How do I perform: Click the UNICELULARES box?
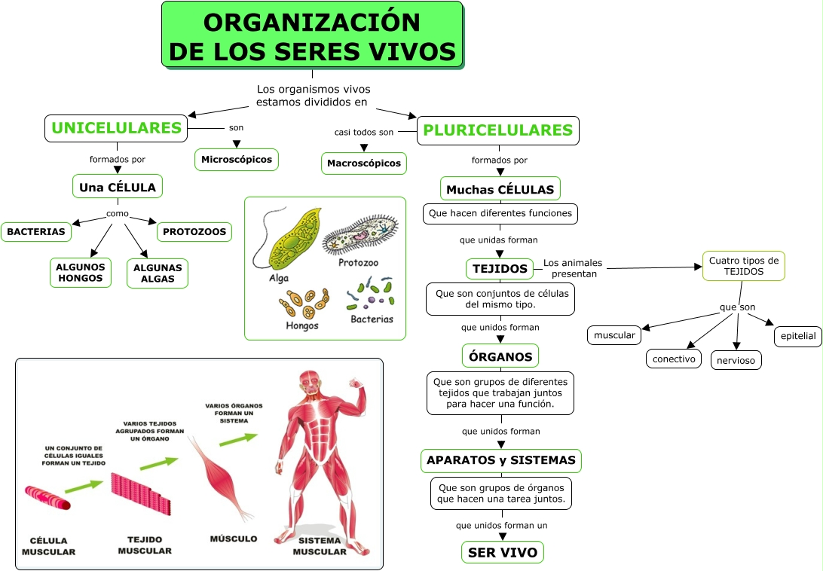pyautogui.click(x=116, y=128)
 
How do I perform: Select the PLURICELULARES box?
pyautogui.click(x=498, y=130)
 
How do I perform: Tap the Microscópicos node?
pyautogui.click(x=237, y=160)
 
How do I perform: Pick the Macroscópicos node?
pyautogui.click(x=364, y=163)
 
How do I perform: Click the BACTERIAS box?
pyautogui.click(x=36, y=231)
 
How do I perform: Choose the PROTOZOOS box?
pyautogui.click(x=194, y=231)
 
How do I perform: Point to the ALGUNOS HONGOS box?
pyautogui.click(x=80, y=273)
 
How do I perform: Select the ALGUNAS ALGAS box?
pyautogui.click(x=157, y=273)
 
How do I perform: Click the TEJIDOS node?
pyautogui.click(x=500, y=268)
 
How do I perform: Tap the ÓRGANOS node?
pyautogui.click(x=500, y=356)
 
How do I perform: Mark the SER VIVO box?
pyautogui.click(x=502, y=553)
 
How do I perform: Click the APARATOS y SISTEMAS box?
pyautogui.click(x=501, y=460)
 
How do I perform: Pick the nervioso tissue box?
pyautogui.click(x=736, y=360)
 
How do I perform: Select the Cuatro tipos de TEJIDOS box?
pyautogui.click(x=744, y=266)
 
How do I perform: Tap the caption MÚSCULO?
pyautogui.click(x=233, y=539)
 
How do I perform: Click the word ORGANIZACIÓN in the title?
pyautogui.click(x=312, y=23)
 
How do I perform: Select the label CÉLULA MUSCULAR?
pyautogui.click(x=48, y=546)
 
